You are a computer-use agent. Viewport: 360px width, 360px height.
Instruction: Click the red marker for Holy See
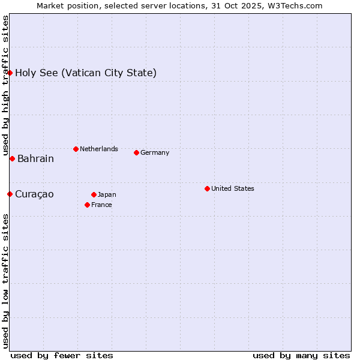click(10, 73)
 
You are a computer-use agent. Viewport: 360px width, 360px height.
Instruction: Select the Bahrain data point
click(12, 158)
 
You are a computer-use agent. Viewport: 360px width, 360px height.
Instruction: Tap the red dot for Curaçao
click(10, 194)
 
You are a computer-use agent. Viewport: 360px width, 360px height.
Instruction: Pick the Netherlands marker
click(76, 149)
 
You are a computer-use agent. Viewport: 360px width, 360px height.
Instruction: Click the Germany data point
click(136, 152)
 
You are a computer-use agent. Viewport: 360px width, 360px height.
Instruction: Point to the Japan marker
click(94, 194)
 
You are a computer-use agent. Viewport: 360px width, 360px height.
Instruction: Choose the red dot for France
click(87, 205)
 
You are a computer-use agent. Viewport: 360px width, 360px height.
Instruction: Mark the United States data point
click(207, 188)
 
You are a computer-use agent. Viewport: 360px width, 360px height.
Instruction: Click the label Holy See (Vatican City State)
click(86, 73)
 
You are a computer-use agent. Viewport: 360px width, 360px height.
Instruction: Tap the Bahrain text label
click(35, 159)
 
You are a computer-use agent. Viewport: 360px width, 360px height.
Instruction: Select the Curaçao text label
click(34, 194)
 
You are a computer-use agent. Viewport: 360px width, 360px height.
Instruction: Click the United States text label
click(233, 188)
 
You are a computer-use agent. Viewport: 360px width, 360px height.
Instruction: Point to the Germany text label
click(155, 152)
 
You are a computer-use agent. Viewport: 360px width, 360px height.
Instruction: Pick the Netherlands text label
click(99, 149)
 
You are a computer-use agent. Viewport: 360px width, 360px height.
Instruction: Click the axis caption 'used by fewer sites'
click(62, 355)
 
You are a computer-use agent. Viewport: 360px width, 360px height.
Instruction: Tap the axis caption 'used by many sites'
click(301, 355)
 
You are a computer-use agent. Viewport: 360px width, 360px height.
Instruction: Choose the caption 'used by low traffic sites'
click(5, 281)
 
